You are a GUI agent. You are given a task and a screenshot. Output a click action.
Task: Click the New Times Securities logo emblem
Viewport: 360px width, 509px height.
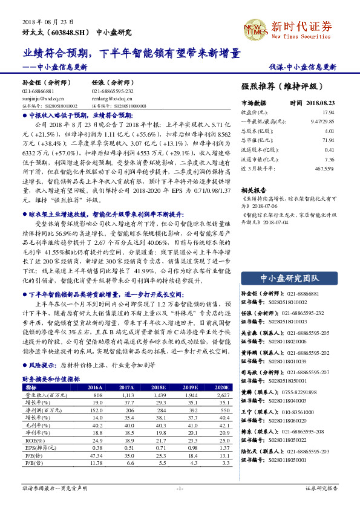(255, 28)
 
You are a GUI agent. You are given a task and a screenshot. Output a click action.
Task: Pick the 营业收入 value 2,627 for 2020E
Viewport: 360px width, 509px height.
(222, 394)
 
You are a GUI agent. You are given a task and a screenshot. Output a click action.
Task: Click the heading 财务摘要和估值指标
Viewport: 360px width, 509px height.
(52, 378)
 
